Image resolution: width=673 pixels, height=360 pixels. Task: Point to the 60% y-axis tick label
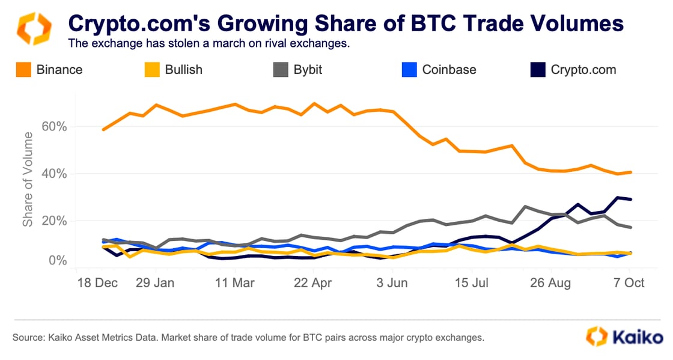click(53, 127)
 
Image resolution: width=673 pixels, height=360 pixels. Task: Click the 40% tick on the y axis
click(53, 174)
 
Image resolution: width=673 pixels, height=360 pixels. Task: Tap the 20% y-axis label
click(53, 221)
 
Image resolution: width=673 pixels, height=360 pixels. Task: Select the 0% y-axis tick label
click(57, 261)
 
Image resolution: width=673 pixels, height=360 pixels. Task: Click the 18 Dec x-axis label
click(97, 282)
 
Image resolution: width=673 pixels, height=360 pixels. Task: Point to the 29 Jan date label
click(156, 282)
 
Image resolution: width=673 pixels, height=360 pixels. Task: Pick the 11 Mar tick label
click(234, 282)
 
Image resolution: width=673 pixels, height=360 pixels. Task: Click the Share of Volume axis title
click(28, 180)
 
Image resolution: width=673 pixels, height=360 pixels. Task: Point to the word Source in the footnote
click(28, 338)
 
